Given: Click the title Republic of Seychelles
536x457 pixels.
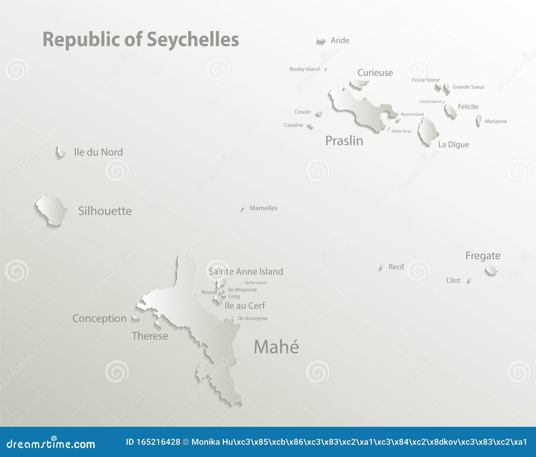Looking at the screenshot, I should pyautogui.click(x=141, y=40).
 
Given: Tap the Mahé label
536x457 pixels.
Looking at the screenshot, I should pyautogui.click(x=276, y=347).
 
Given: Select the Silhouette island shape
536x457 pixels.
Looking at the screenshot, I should pyautogui.click(x=51, y=210).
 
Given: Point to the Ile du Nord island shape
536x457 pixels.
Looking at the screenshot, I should pyautogui.click(x=60, y=151).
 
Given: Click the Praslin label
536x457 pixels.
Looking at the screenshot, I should pyautogui.click(x=344, y=141).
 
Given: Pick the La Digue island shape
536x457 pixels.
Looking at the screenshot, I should pyautogui.click(x=427, y=132).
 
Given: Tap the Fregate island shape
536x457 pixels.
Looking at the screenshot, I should pyautogui.click(x=491, y=270).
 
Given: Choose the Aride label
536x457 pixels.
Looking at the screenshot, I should pyautogui.click(x=340, y=41).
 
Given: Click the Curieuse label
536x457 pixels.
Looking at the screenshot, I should pyautogui.click(x=375, y=73).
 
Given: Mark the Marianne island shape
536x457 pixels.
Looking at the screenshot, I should pyautogui.click(x=479, y=120).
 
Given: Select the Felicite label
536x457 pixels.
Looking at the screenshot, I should pyautogui.click(x=468, y=107).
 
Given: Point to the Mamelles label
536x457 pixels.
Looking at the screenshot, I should pyautogui.click(x=263, y=208).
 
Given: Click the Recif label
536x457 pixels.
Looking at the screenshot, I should pyautogui.click(x=396, y=267).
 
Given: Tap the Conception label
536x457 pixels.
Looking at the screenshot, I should pyautogui.click(x=99, y=318).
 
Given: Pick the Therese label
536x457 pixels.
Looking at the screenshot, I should pyautogui.click(x=150, y=336).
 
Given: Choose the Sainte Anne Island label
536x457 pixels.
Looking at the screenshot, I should pyautogui.click(x=246, y=271).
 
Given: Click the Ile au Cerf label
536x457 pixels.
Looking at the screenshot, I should pyautogui.click(x=245, y=306).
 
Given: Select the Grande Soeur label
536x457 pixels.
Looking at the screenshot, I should pyautogui.click(x=468, y=87).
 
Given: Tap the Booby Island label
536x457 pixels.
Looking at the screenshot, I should pyautogui.click(x=305, y=69).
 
